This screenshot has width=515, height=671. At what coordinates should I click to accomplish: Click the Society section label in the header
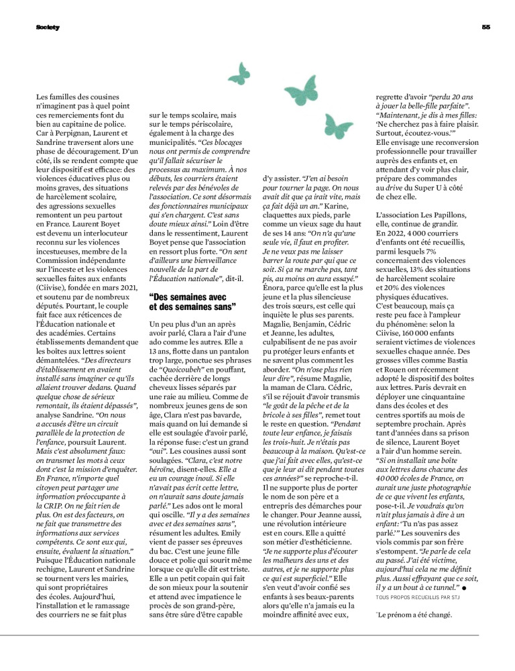[48, 28]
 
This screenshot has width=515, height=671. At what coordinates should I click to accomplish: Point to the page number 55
[486, 28]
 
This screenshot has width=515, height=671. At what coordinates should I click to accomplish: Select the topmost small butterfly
[238, 70]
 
